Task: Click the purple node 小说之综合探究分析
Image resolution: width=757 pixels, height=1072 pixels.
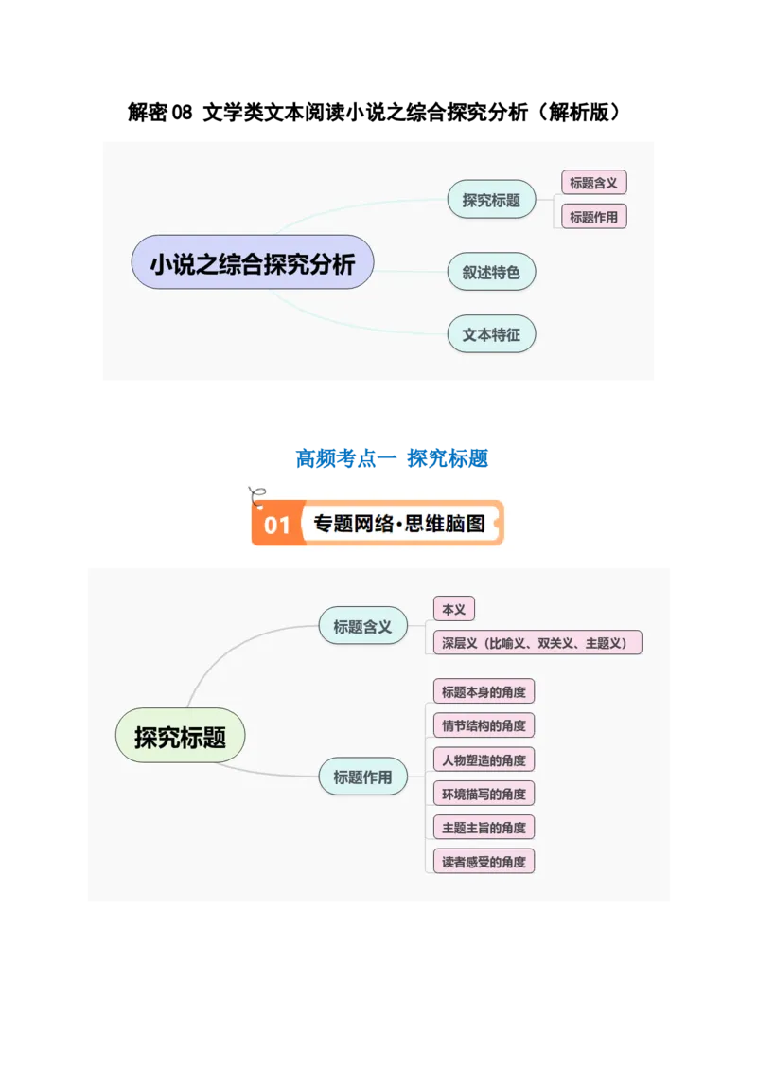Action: point(252,262)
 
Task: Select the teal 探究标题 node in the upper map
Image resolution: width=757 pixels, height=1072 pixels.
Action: point(491,200)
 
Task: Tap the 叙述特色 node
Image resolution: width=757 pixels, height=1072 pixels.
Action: point(491,272)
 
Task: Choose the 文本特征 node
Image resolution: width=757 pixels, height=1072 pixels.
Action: point(491,334)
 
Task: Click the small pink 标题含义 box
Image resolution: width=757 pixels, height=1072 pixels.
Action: point(593,183)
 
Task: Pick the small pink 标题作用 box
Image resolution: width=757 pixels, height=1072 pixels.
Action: point(593,217)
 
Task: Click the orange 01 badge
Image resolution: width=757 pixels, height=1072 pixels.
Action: point(276,524)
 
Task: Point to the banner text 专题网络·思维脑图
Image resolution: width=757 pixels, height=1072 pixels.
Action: point(398,524)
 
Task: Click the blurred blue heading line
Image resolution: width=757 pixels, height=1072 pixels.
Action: point(392,459)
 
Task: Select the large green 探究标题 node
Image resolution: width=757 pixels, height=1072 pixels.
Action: point(180,737)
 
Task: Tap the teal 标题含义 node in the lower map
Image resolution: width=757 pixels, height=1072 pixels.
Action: point(362,626)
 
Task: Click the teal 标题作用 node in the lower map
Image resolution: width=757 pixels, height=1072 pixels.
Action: point(362,777)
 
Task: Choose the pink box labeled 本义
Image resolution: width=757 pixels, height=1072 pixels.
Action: point(453,609)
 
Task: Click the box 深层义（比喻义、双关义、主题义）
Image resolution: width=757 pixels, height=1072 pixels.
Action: point(537,643)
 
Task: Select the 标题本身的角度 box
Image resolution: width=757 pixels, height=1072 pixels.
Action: point(483,691)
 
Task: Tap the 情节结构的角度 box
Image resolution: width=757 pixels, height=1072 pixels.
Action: point(483,725)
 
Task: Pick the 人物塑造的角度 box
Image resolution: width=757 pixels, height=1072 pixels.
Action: point(483,759)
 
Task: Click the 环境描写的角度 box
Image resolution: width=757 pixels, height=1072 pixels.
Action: point(483,794)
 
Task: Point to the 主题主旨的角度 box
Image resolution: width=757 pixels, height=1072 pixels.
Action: point(483,828)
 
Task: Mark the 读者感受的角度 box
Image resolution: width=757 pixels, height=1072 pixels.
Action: point(483,862)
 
